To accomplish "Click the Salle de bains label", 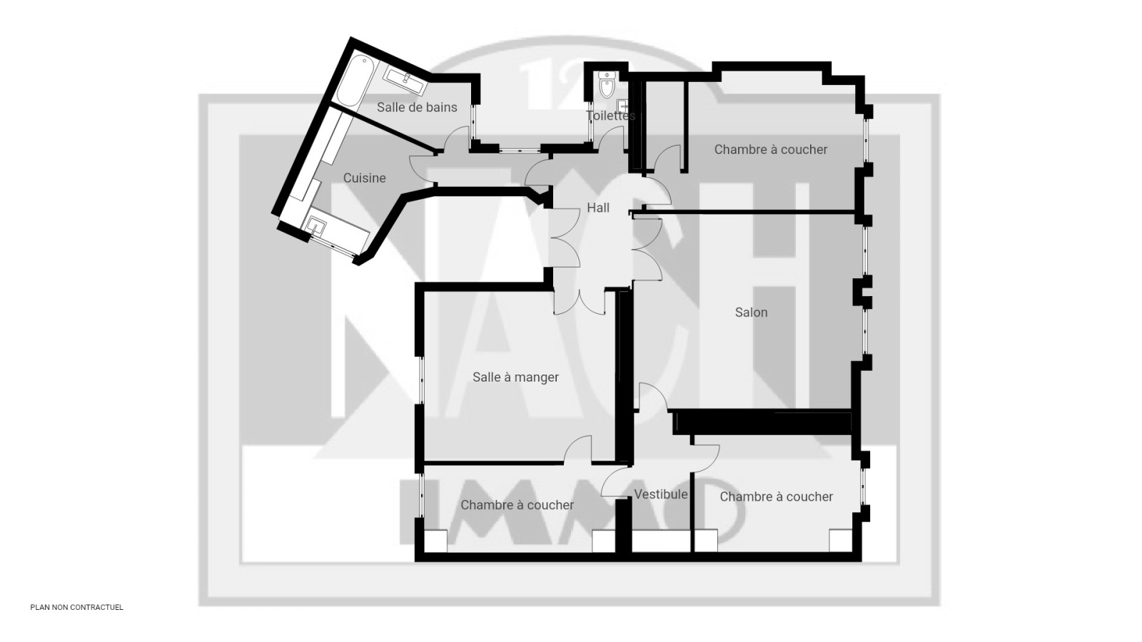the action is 417,108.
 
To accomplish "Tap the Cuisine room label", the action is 364,178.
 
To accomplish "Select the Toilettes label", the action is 610,116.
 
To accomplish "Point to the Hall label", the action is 598,208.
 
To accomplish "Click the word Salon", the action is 751,312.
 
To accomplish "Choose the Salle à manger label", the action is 515,377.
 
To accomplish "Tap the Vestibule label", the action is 661,494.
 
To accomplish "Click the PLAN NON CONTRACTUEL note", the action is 76,607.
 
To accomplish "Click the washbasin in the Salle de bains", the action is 406,81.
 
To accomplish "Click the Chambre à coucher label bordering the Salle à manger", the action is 517,505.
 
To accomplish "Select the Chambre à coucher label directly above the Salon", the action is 770,149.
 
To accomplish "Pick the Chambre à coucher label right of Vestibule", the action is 776,496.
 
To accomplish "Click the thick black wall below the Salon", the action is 763,423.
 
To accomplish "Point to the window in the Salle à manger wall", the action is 421,380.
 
